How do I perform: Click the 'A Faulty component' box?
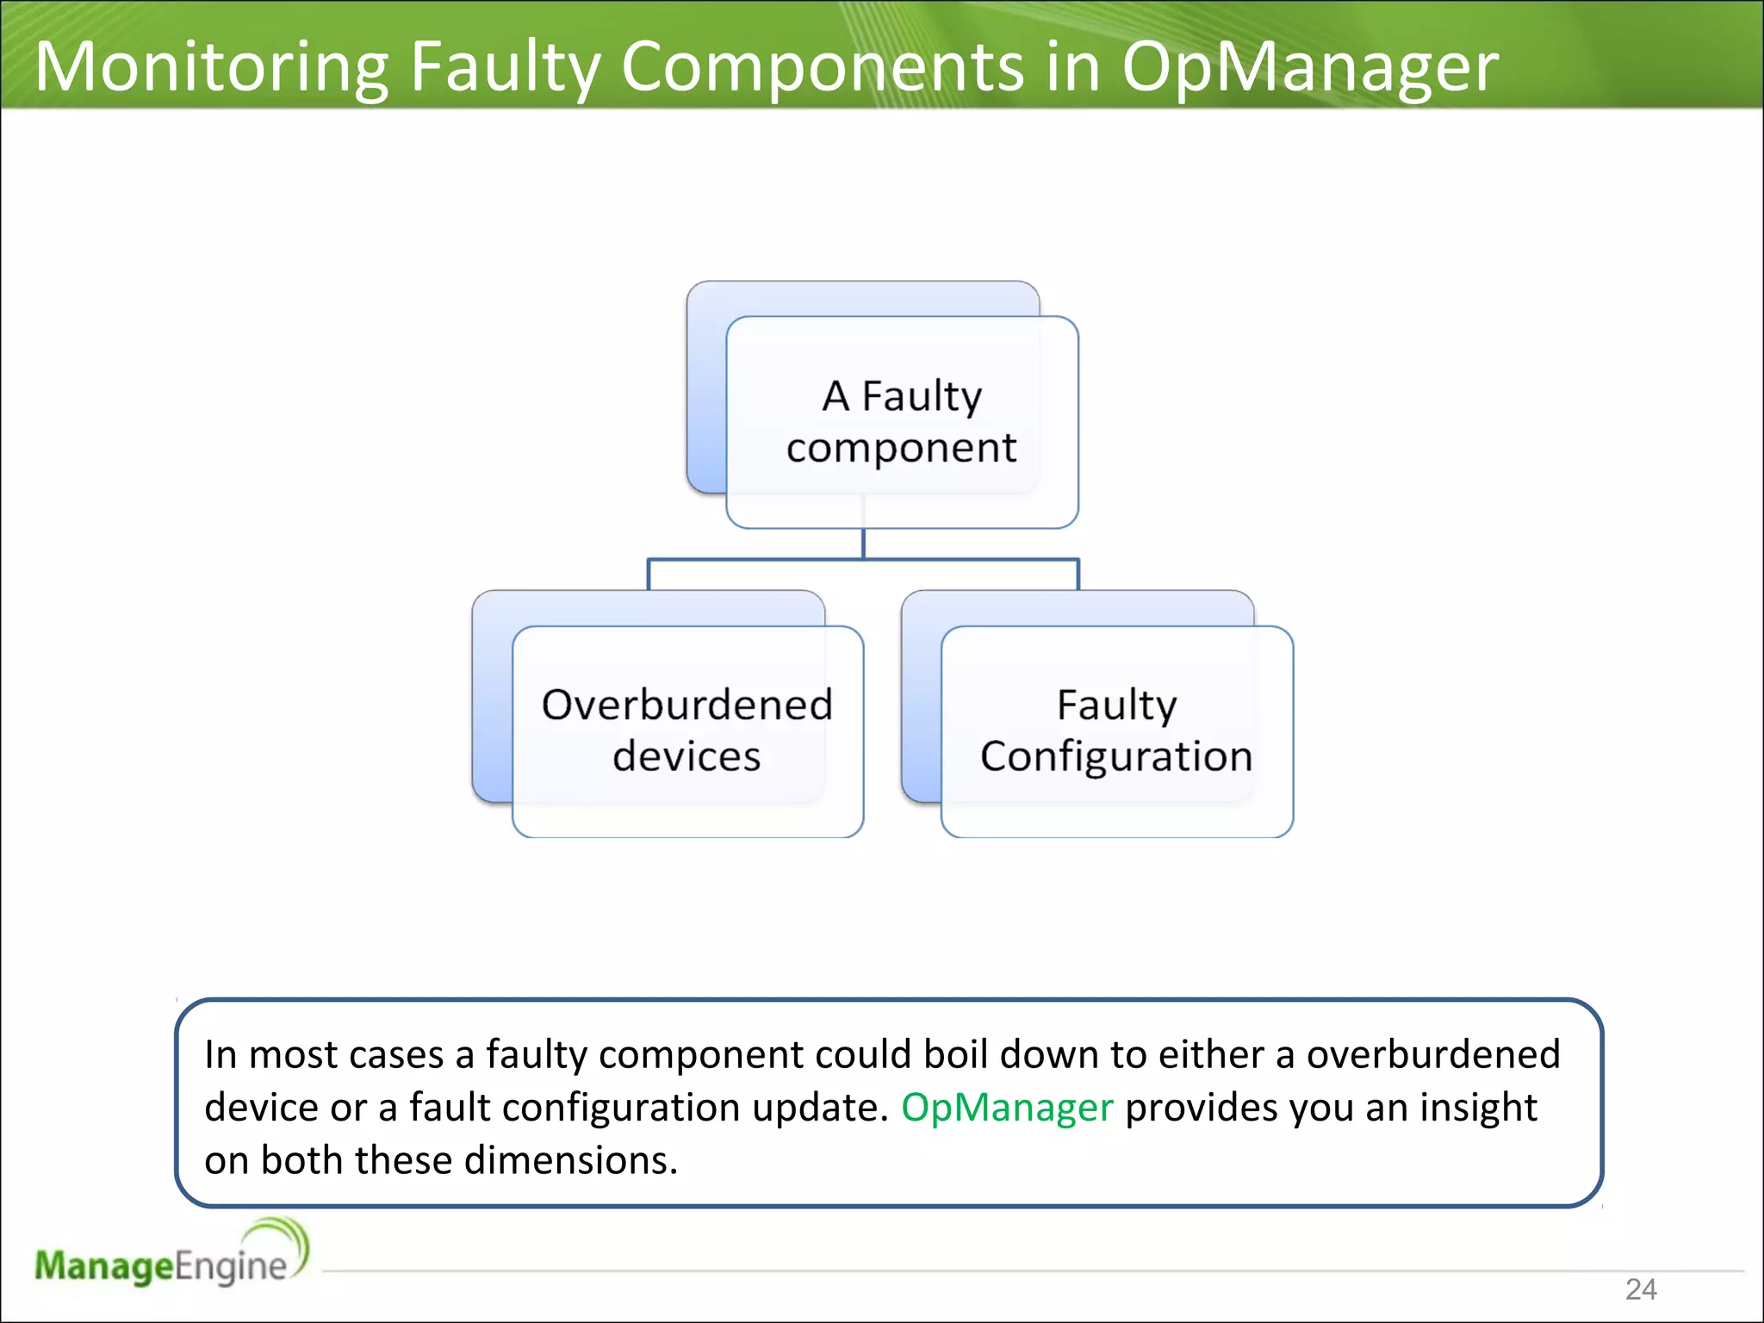pos(901,422)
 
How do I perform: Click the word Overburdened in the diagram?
pos(687,705)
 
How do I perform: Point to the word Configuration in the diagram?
pos(1116,757)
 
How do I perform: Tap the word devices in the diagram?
pos(686,756)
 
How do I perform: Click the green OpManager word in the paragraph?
pos(1007,1108)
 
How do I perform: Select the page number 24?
pos(1641,1289)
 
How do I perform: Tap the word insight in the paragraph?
pos(1478,1108)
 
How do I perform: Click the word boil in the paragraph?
pos(955,1054)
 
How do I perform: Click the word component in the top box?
pos(901,449)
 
